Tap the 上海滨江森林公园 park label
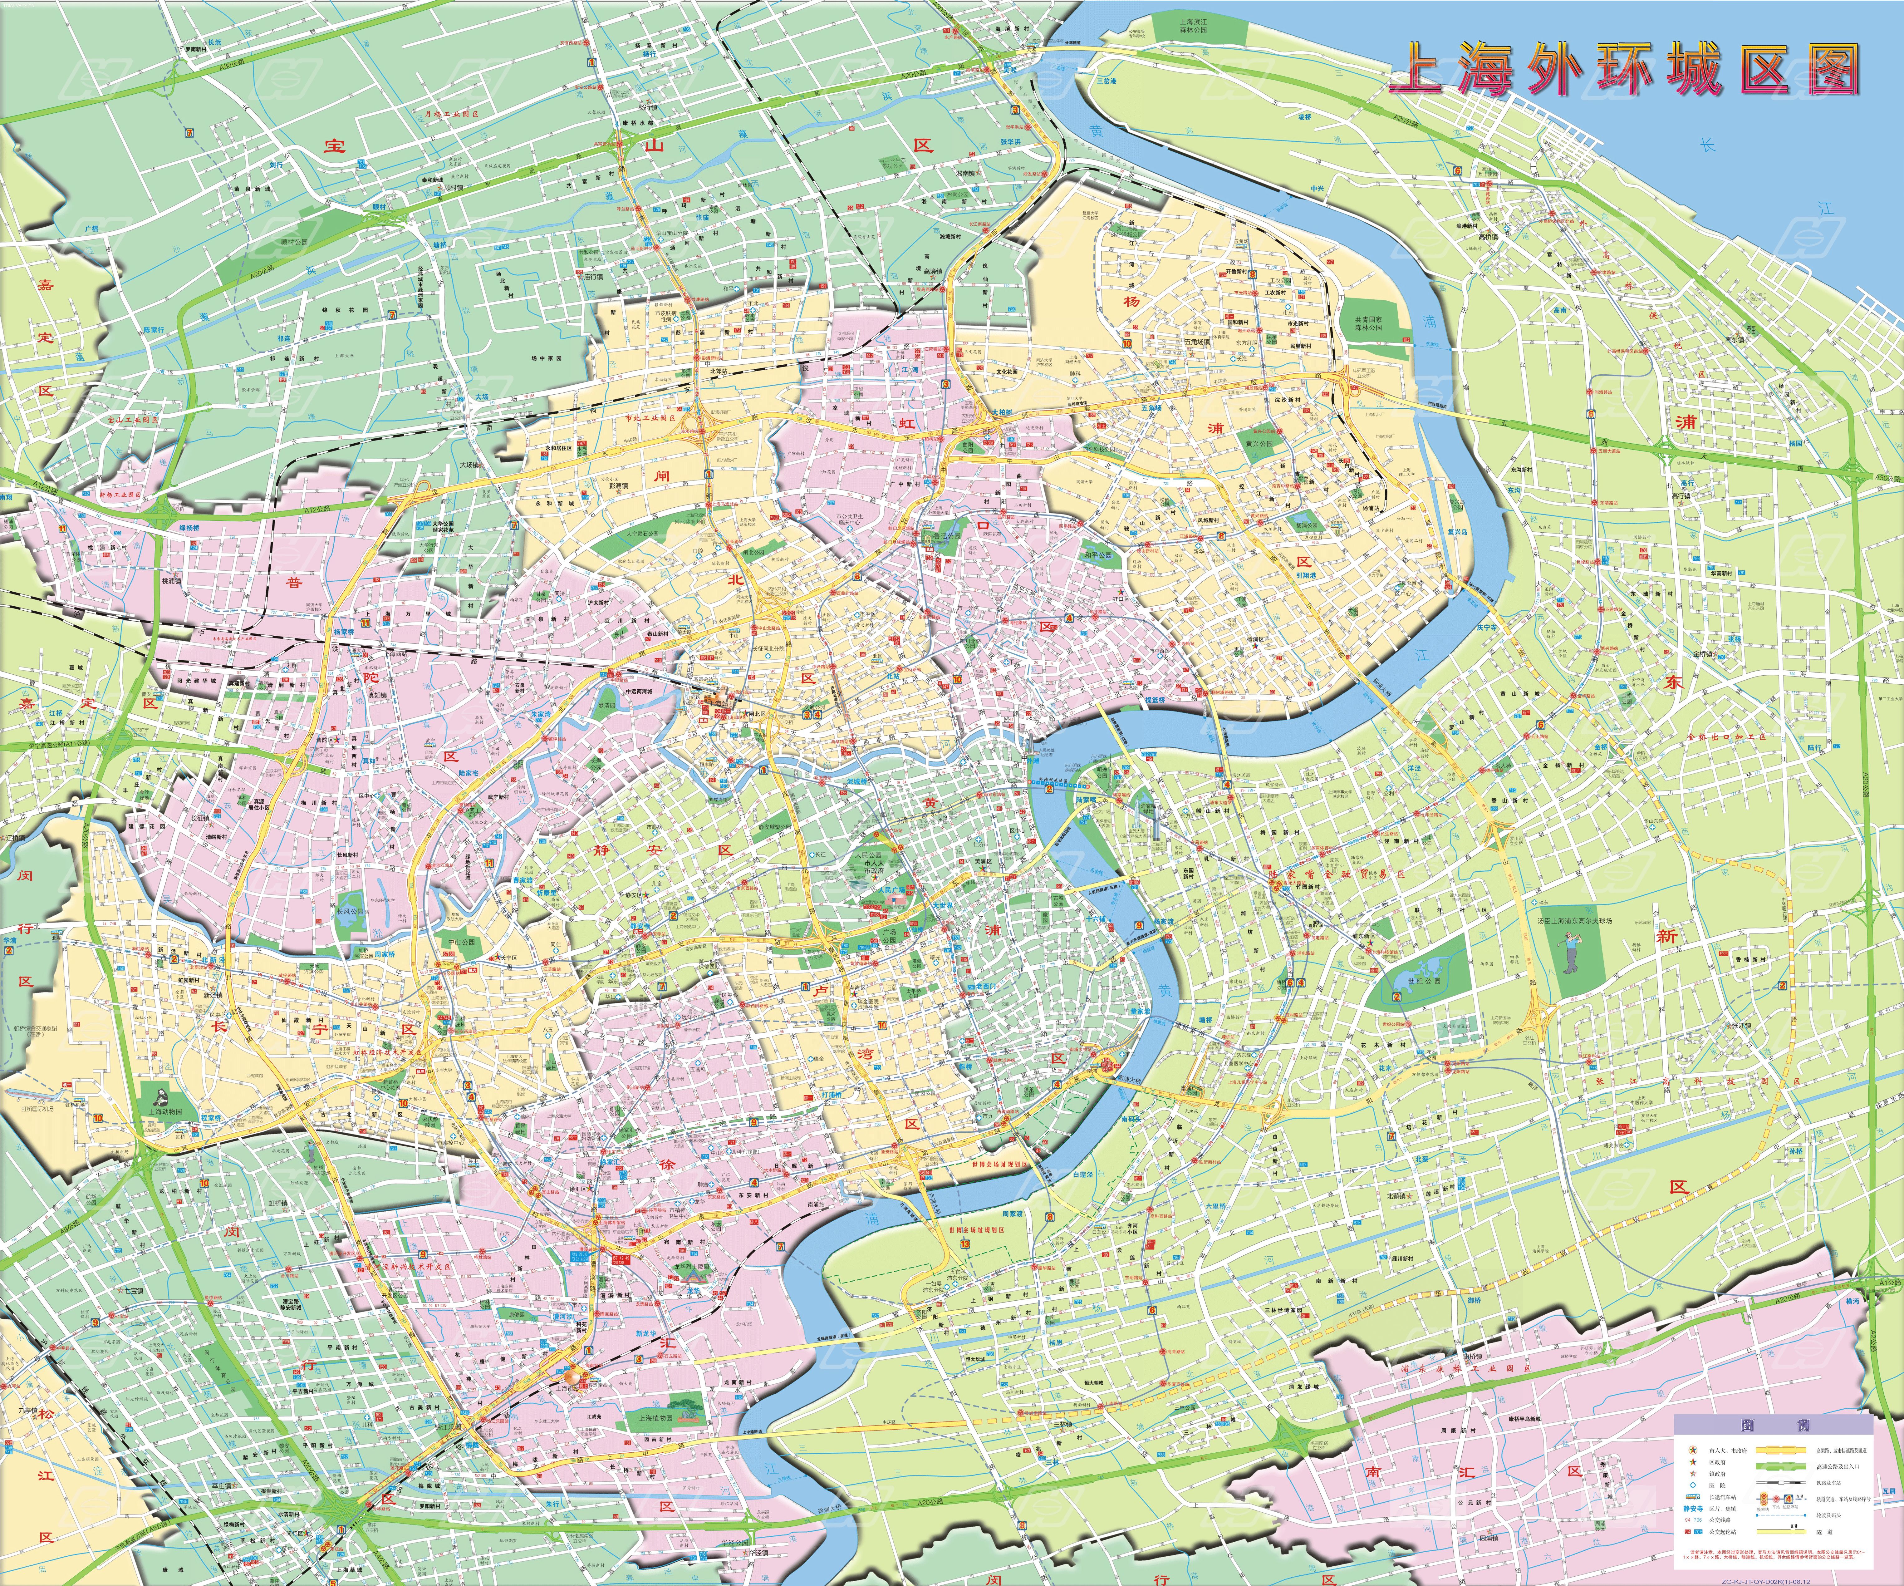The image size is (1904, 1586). coord(1193,25)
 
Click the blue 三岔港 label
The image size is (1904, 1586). coord(1106,80)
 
